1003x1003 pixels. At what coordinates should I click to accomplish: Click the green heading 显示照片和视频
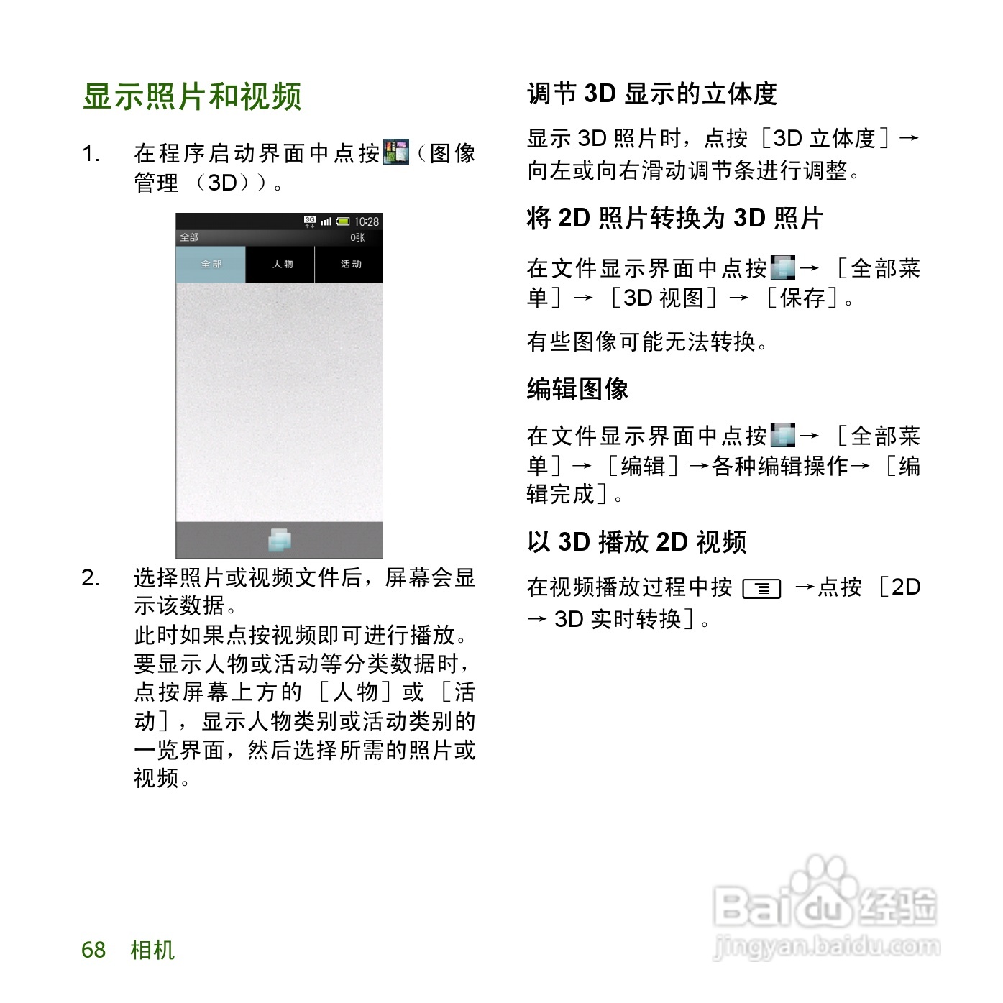pos(192,97)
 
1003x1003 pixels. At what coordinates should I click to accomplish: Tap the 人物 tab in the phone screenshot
pos(282,265)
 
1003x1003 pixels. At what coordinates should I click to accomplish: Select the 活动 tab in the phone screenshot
pos(350,265)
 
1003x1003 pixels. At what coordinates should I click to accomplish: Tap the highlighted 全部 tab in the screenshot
pos(211,265)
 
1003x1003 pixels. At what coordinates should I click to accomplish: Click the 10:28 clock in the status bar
pos(367,222)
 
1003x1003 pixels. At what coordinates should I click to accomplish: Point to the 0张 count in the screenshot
pos(357,237)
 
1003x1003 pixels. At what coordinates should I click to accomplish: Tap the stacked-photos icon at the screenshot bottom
pos(280,540)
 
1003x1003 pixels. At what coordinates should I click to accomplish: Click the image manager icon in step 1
pos(396,152)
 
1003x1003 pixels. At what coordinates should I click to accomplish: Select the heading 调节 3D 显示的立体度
pos(652,94)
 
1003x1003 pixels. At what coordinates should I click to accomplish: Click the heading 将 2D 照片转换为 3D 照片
pos(674,218)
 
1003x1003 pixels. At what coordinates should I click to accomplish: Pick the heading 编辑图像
pos(577,390)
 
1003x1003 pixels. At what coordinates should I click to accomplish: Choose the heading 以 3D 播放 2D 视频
pos(637,542)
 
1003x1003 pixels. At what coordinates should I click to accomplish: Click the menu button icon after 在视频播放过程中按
pos(762,589)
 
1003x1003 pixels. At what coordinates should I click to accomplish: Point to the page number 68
pos(93,950)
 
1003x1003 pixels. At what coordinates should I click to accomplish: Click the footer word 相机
pos(152,950)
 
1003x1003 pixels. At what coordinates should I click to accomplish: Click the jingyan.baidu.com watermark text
pos(827,948)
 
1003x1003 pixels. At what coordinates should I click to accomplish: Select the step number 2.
pos(90,577)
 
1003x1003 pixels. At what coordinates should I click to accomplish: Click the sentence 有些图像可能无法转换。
pos(647,342)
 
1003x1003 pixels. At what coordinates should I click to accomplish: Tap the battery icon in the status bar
pos(343,222)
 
